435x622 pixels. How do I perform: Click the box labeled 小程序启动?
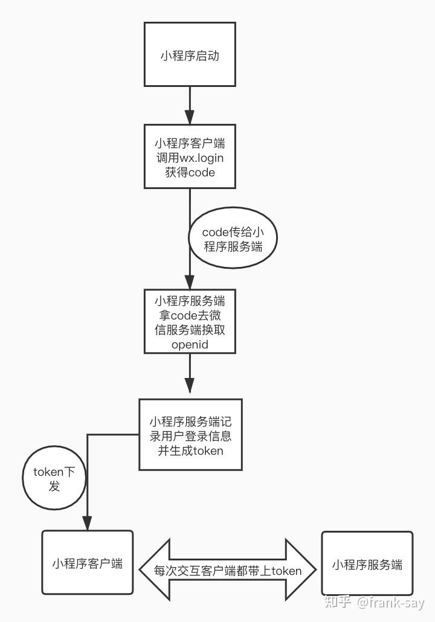[x=190, y=55]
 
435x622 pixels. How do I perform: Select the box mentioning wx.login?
[x=190, y=157]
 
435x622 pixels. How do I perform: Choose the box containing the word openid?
[x=190, y=321]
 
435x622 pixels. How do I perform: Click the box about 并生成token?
[x=190, y=434]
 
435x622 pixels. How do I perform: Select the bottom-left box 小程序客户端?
[x=87, y=563]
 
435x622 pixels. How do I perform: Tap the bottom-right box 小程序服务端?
[x=367, y=565]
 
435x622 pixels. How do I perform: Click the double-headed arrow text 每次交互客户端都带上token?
[x=227, y=570]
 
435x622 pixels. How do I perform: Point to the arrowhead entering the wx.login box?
[x=190, y=117]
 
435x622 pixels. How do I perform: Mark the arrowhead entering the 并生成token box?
[x=190, y=388]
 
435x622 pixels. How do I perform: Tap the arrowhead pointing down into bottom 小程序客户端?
[x=88, y=522]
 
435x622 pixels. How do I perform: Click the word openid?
[x=190, y=345]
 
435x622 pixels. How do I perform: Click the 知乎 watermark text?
[x=338, y=602]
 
